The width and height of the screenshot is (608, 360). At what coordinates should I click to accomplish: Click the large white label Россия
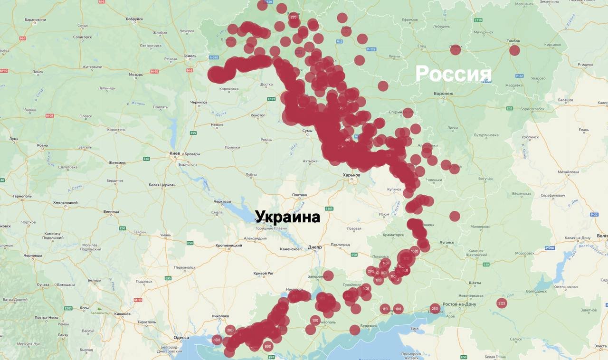[x=453, y=74]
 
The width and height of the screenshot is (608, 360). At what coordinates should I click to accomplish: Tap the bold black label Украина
[x=287, y=217]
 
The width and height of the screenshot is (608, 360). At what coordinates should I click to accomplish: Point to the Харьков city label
[x=351, y=175]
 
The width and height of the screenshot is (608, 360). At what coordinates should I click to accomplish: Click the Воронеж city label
[x=443, y=94]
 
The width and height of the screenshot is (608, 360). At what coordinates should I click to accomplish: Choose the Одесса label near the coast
[x=181, y=338]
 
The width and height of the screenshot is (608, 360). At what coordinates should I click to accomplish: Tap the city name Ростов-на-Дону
[x=458, y=304]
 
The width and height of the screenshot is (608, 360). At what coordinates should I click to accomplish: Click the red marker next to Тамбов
[x=514, y=50]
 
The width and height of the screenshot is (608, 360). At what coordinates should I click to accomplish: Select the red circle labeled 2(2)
[x=502, y=303]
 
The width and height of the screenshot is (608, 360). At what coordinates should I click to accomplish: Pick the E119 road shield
[x=478, y=20]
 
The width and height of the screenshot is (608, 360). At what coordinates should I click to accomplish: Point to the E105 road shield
[x=329, y=208]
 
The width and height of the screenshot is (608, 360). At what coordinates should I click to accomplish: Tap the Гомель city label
[x=190, y=56]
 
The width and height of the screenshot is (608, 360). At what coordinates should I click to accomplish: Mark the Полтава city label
[x=299, y=195]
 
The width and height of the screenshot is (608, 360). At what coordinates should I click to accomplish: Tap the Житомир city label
[x=117, y=163]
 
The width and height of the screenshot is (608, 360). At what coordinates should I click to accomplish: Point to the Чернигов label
[x=198, y=102]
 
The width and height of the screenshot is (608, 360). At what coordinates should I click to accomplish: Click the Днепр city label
[x=314, y=247]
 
